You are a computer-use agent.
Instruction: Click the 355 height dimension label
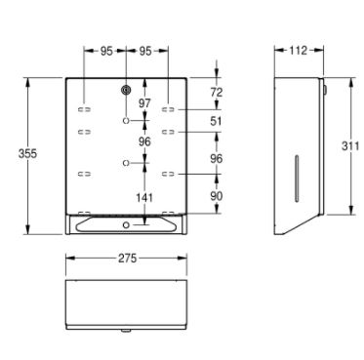pyautogui.click(x=27, y=153)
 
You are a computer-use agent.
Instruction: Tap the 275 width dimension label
pyautogui.click(x=127, y=259)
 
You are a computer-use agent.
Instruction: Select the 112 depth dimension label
pyautogui.click(x=298, y=50)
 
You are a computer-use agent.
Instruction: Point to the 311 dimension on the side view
pyautogui.click(x=350, y=146)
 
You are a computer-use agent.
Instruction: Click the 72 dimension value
pyautogui.click(x=217, y=93)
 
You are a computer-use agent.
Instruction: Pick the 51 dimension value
pyautogui.click(x=217, y=121)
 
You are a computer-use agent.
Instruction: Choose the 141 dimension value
pyautogui.click(x=144, y=197)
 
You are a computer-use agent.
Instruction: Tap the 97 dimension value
pyautogui.click(x=144, y=103)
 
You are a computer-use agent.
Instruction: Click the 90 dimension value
pyautogui.click(x=217, y=196)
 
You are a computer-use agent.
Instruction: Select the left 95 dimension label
pyautogui.click(x=106, y=51)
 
